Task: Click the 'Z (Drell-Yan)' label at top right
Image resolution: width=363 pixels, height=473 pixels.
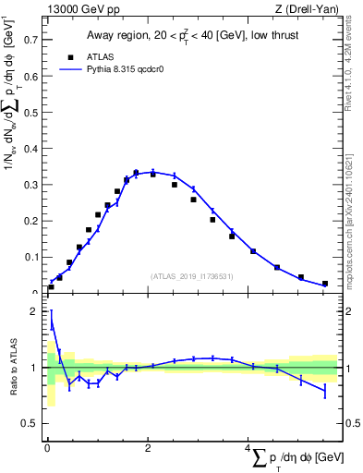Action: point(307,10)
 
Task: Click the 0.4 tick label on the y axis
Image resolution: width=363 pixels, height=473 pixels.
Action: point(31,149)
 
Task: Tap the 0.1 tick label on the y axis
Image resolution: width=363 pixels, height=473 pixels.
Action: point(31,257)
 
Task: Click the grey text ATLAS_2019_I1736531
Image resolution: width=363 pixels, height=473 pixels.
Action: point(190,275)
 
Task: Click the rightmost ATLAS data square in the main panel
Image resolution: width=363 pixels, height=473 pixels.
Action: point(324,284)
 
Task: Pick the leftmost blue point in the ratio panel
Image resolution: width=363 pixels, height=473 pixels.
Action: point(51,325)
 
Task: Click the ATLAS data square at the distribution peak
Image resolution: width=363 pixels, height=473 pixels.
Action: point(136,173)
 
